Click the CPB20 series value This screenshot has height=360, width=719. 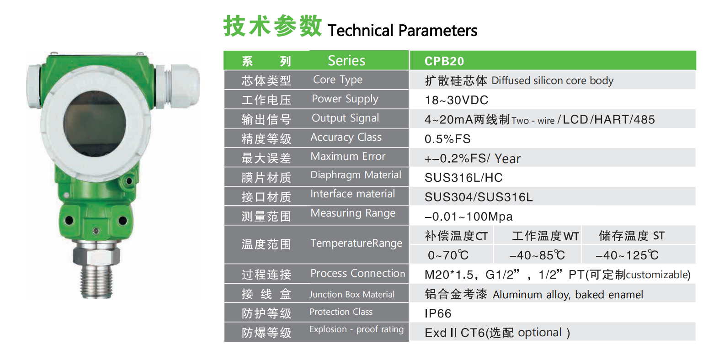click(x=444, y=61)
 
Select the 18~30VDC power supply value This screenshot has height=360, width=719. click(x=456, y=100)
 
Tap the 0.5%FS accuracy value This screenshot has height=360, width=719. click(x=447, y=139)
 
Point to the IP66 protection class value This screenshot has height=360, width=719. click(x=438, y=313)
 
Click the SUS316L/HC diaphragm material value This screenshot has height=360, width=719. click(x=463, y=178)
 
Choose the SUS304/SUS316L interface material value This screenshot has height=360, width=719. click(x=479, y=197)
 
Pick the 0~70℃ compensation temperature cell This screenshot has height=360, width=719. click(x=448, y=255)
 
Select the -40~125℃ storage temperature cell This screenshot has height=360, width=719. click(x=627, y=255)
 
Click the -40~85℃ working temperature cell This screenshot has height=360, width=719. click(x=537, y=255)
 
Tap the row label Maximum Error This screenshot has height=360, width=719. click(x=348, y=156)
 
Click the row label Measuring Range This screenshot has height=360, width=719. click(x=353, y=213)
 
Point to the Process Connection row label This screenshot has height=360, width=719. click(x=357, y=273)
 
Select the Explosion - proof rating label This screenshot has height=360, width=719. click(x=356, y=329)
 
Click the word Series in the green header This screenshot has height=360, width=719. click(x=346, y=60)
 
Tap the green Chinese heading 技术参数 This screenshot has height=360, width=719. click(x=272, y=26)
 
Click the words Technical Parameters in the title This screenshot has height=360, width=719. click(x=403, y=31)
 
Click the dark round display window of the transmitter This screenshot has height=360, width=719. click(x=95, y=124)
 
